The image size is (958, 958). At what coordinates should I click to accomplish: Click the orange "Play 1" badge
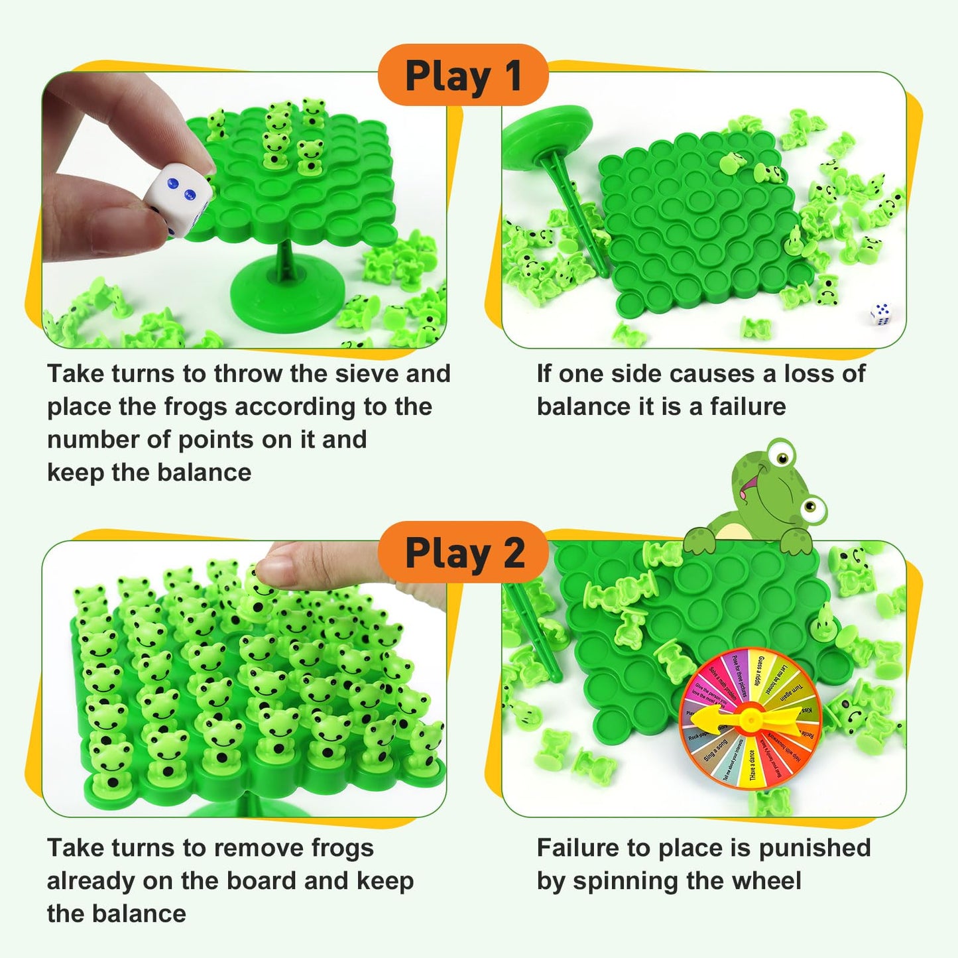(x=463, y=76)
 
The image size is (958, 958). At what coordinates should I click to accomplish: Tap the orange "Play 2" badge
(x=463, y=553)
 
